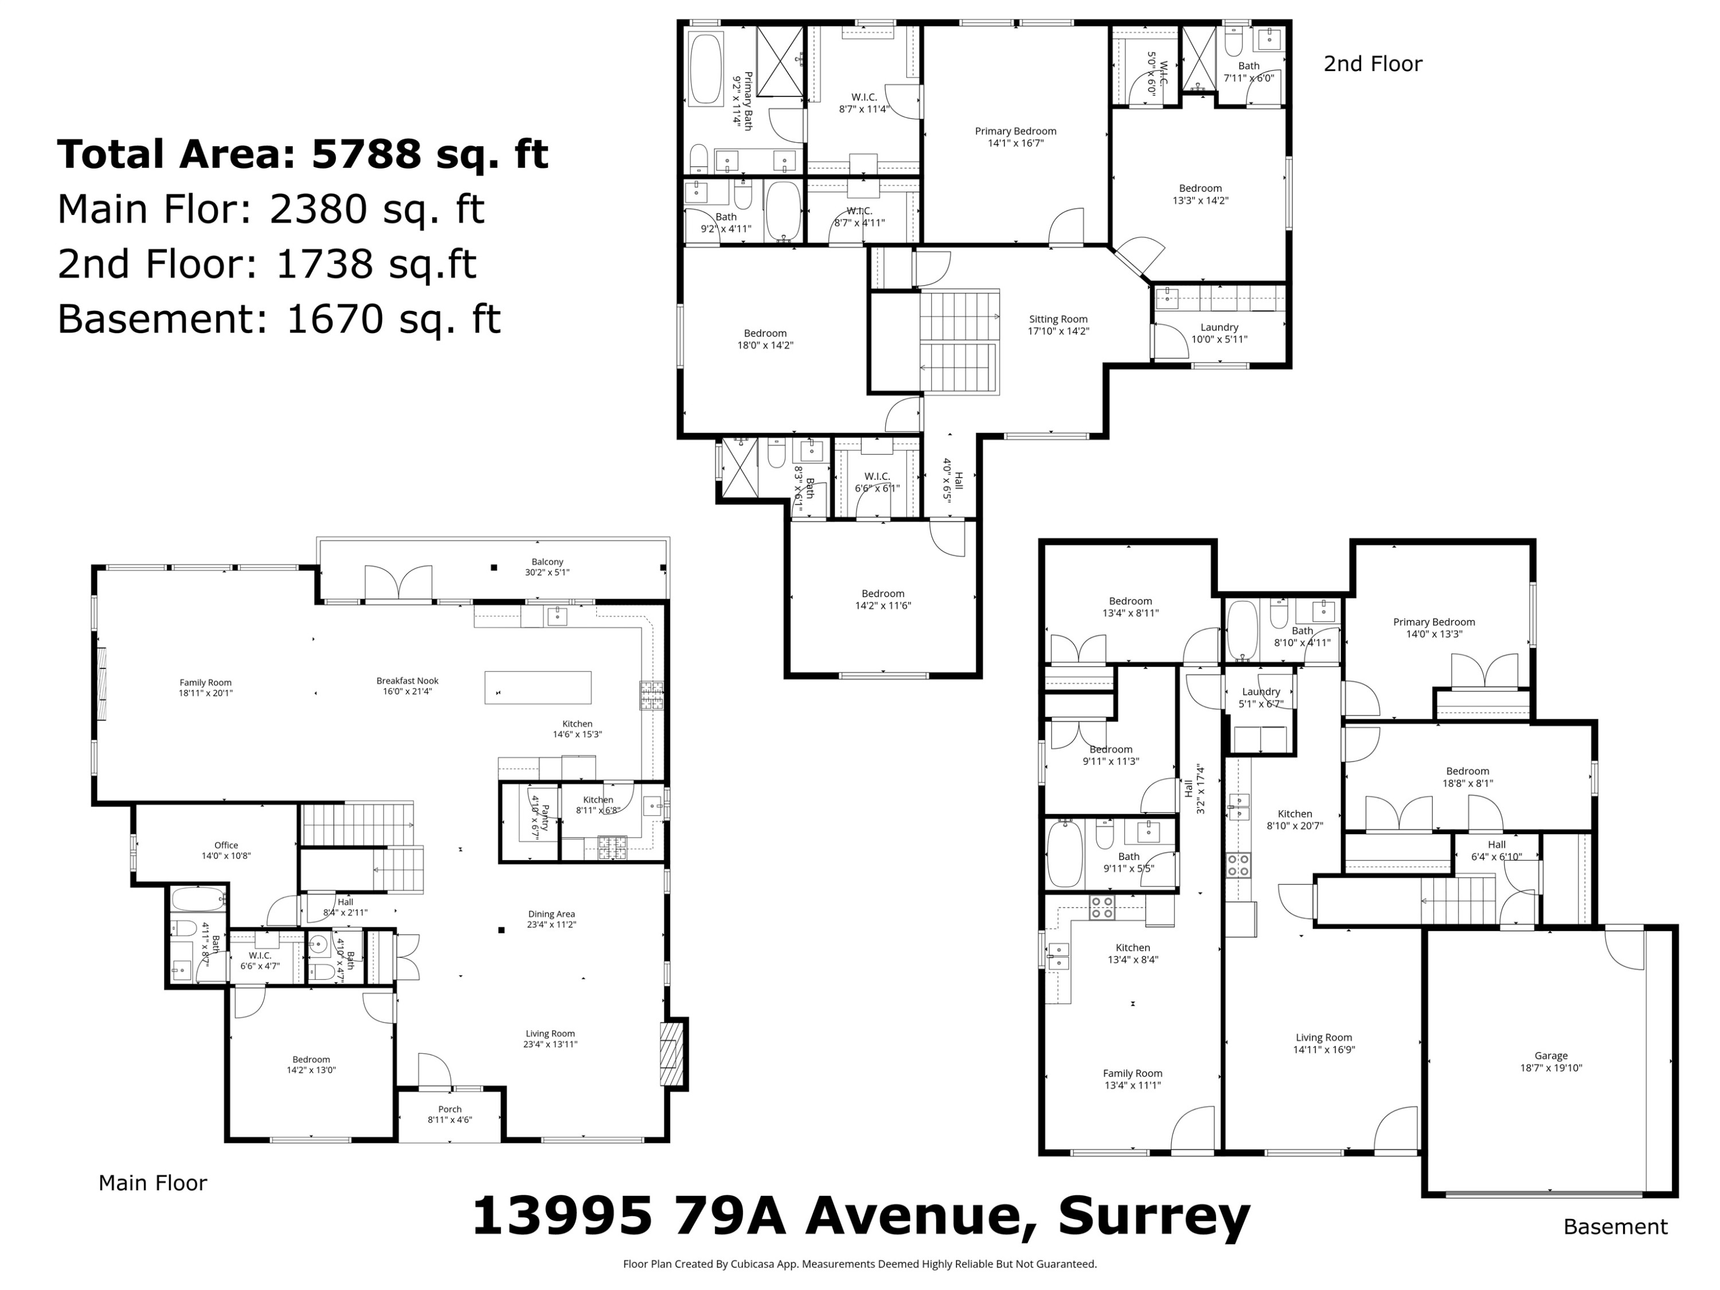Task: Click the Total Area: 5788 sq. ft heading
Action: [x=303, y=154]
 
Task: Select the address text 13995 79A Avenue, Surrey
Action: [x=861, y=1215]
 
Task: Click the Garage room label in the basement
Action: [x=1550, y=1061]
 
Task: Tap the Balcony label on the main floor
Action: [x=548, y=566]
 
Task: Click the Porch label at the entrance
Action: [x=449, y=1114]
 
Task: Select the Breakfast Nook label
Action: [x=408, y=686]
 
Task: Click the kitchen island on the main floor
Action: [x=537, y=687]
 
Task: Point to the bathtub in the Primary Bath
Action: [x=706, y=68]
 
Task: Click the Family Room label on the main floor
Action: [x=205, y=687]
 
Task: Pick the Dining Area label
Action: [x=552, y=919]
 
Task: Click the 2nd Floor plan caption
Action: [x=1373, y=64]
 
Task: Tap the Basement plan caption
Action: [x=1615, y=1227]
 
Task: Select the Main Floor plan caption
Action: [x=153, y=1183]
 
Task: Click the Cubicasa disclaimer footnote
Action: [x=859, y=1264]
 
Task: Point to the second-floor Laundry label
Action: [x=1218, y=333]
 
